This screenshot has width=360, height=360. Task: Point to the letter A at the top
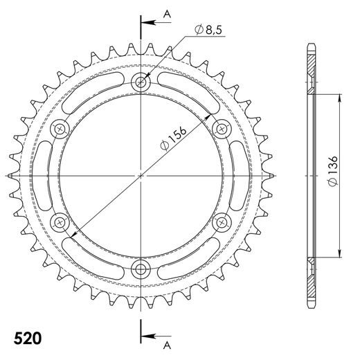pyautogui.click(x=165, y=14)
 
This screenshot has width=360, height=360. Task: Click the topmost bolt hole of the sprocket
pyautogui.click(x=142, y=82)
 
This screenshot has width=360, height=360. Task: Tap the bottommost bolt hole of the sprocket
pyautogui.click(x=142, y=269)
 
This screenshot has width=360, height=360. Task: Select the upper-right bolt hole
pyautogui.click(x=223, y=129)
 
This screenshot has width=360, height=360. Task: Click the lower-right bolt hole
pyautogui.click(x=223, y=222)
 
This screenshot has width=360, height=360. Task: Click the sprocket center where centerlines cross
pyautogui.click(x=142, y=176)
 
